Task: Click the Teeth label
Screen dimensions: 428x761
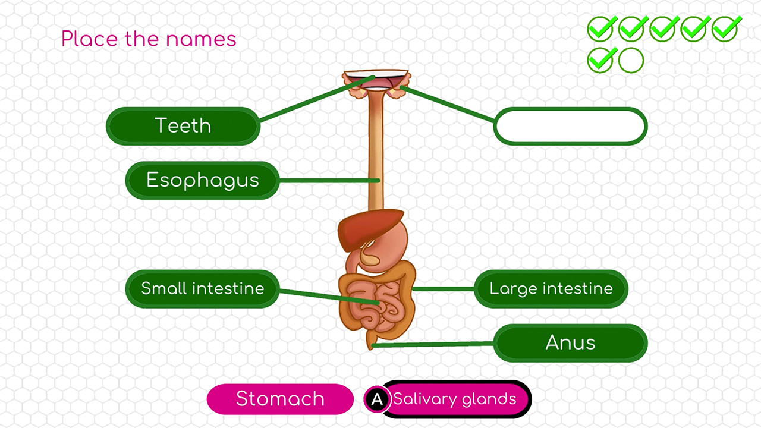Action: pyautogui.click(x=183, y=125)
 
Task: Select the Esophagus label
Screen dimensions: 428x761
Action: pyautogui.click(x=202, y=180)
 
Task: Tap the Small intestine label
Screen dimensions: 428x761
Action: pyautogui.click(x=202, y=289)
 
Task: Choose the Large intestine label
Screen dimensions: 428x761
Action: pyautogui.click(x=551, y=289)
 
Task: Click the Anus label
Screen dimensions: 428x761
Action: pyautogui.click(x=570, y=343)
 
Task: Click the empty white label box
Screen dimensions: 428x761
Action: pyautogui.click(x=570, y=126)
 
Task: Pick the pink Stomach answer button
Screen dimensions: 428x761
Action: pyautogui.click(x=280, y=398)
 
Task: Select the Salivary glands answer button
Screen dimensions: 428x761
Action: pyautogui.click(x=455, y=399)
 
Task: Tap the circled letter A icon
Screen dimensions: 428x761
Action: pyautogui.click(x=376, y=399)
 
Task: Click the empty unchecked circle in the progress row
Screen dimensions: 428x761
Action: pyautogui.click(x=631, y=60)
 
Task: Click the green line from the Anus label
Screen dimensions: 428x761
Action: pyautogui.click(x=434, y=344)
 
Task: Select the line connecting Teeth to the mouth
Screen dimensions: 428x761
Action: pyautogui.click(x=315, y=99)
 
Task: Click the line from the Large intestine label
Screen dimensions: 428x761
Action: pyautogui.click(x=443, y=289)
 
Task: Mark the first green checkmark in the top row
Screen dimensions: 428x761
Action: pyautogui.click(x=601, y=29)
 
